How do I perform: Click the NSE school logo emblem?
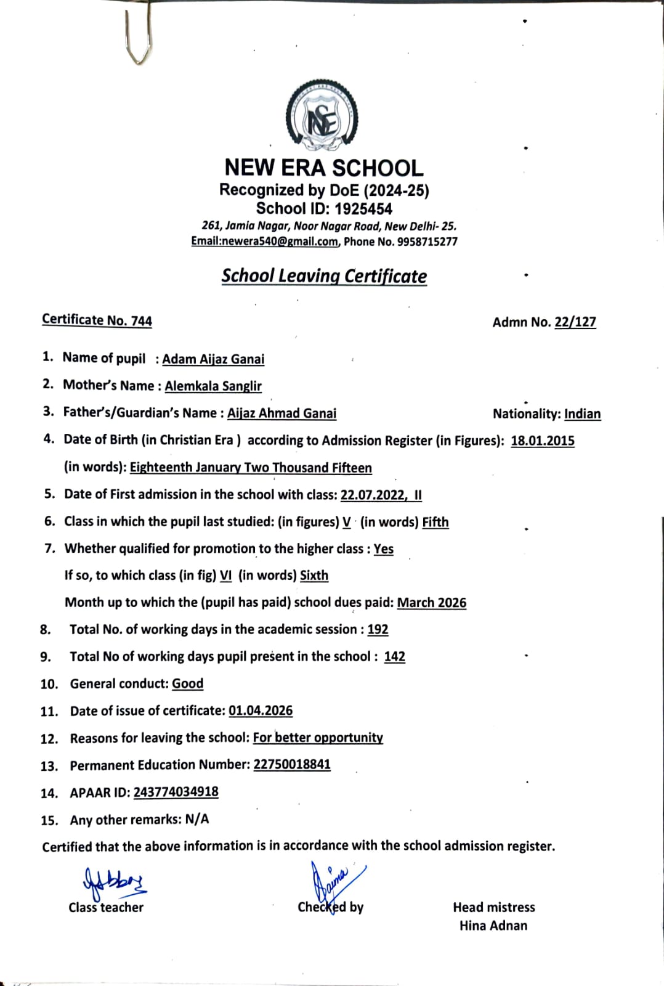point(322,117)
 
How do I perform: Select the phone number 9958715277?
point(427,242)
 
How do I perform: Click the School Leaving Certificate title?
point(324,276)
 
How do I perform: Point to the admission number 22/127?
point(575,322)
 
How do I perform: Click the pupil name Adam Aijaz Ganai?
point(213,359)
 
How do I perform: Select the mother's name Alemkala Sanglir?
point(213,386)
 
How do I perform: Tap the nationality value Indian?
point(582,414)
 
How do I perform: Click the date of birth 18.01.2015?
point(543,441)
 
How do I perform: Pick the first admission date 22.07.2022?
point(373,495)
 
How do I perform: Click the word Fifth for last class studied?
point(435,523)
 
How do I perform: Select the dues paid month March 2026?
point(432,603)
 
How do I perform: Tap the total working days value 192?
point(378,630)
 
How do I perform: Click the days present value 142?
point(394,657)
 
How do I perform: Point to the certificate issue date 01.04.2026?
point(261,711)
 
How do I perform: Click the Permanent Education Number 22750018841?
point(292,765)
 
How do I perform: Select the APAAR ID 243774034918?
point(176,792)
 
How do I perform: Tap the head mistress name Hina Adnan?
point(493,926)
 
